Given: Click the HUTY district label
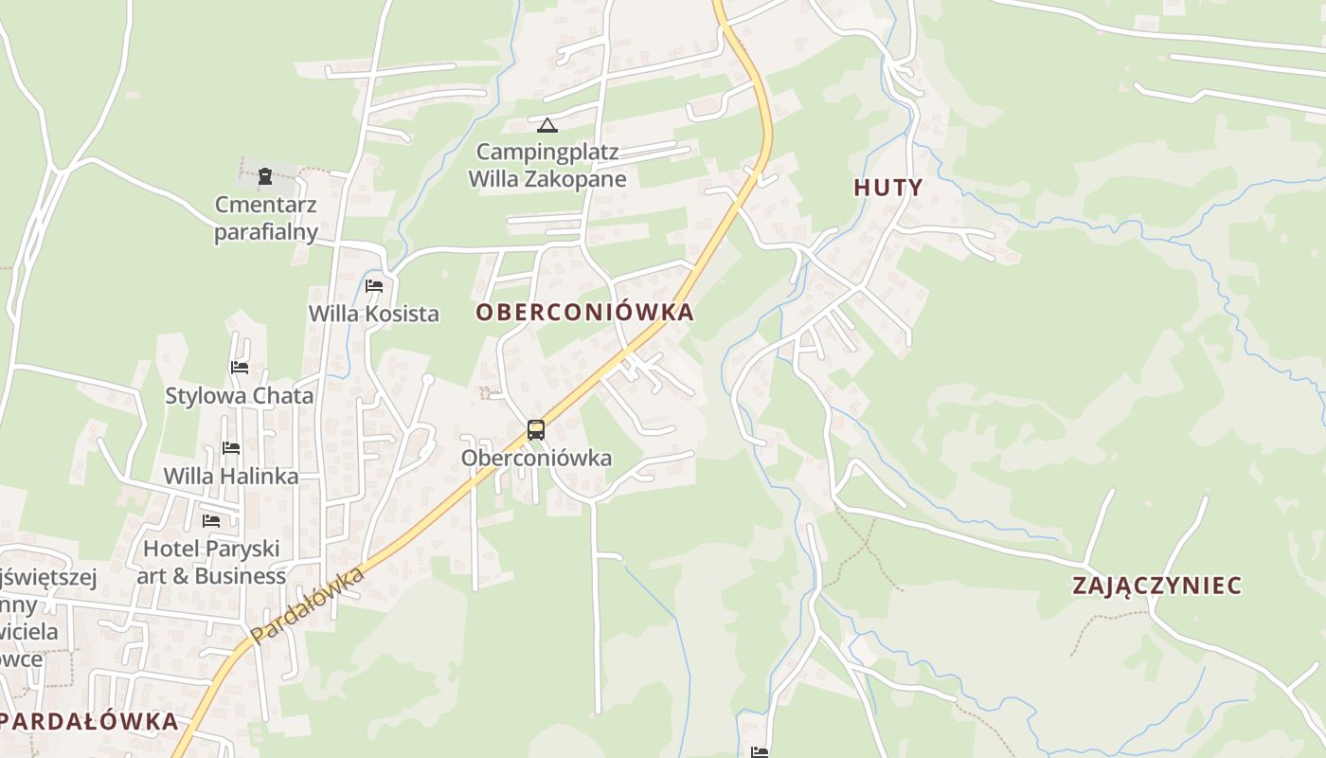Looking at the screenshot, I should tap(887, 188).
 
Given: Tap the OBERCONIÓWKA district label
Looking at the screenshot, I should tap(584, 312).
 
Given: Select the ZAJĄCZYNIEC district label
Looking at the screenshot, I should tap(1156, 586).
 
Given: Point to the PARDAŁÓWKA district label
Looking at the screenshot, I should tap(91, 721).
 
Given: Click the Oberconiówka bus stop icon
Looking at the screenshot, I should tap(536, 430).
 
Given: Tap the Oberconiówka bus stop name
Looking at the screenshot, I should tap(536, 459).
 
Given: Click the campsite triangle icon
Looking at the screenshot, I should tap(547, 125).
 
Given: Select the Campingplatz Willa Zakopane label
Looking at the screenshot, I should tap(547, 165).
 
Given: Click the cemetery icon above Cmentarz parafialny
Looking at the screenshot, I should tap(265, 175).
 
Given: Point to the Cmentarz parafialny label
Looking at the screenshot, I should tap(266, 218).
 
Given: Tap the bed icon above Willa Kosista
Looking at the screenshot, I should tap(373, 286).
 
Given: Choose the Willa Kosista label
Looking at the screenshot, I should tap(373, 314).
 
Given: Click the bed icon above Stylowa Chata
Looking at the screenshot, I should tap(240, 368).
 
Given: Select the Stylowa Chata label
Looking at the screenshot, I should tap(240, 395).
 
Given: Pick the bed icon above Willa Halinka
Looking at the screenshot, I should tap(231, 448).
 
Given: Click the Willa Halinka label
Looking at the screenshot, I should tap(231, 476).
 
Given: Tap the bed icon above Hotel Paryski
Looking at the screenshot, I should tap(211, 521).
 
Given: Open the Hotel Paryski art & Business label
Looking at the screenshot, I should tap(211, 562).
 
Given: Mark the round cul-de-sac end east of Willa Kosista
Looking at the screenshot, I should tap(428, 380).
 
